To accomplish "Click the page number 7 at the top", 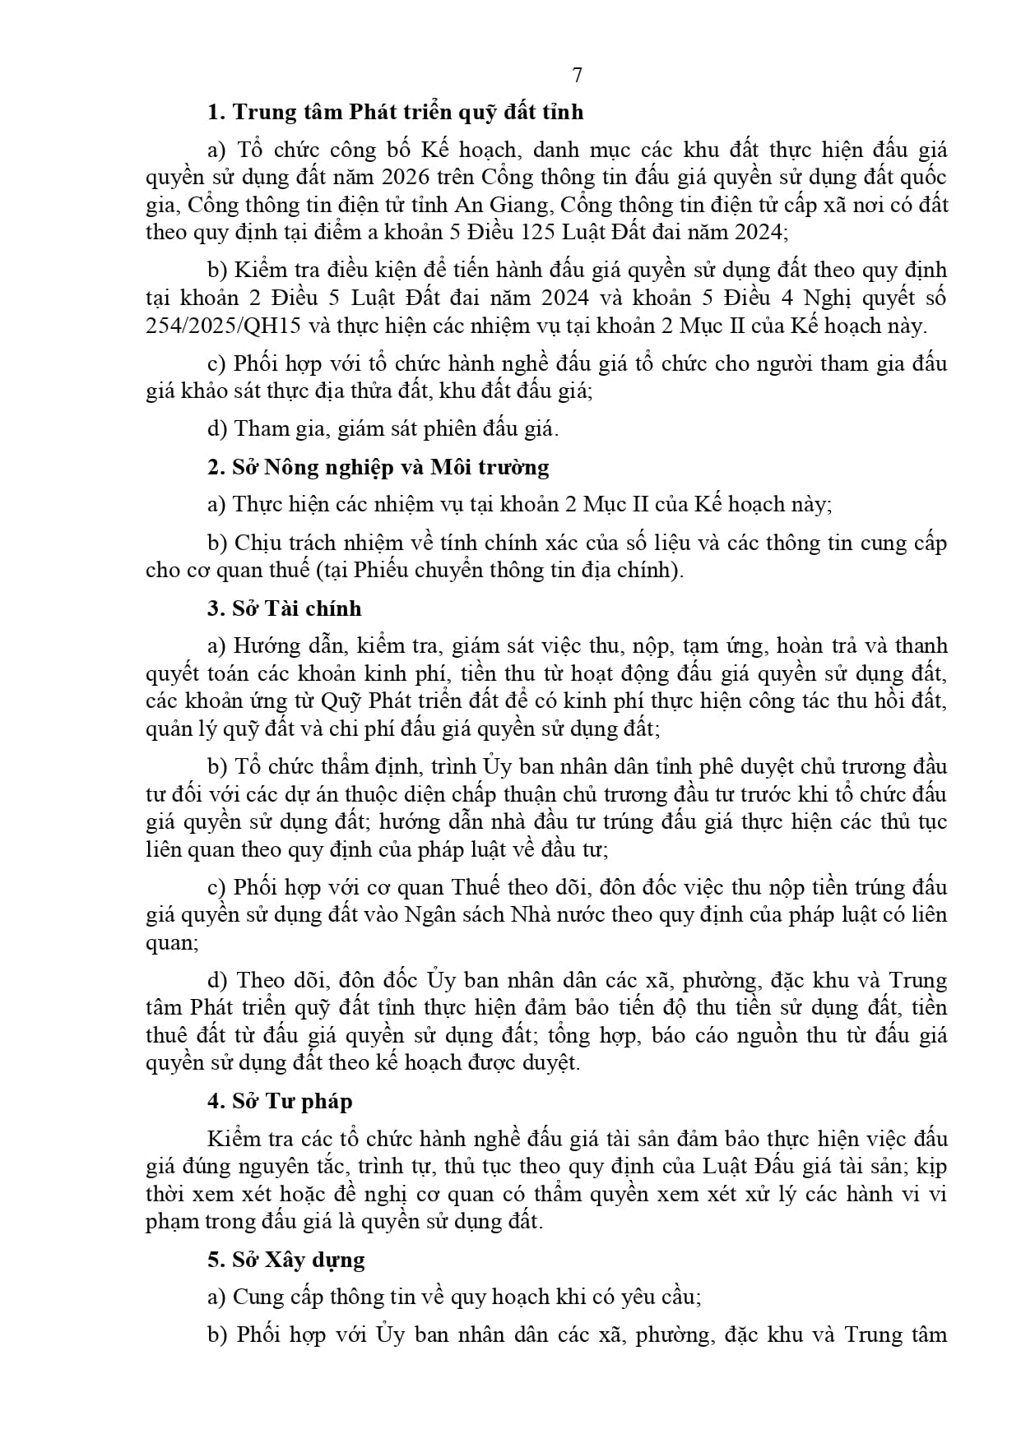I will pos(577,75).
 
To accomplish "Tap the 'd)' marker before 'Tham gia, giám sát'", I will pos(217,428).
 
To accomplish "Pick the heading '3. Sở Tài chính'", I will pos(285,608).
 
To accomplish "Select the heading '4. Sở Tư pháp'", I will pos(280,1101).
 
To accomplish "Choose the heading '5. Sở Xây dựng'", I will pos(286,1260).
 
